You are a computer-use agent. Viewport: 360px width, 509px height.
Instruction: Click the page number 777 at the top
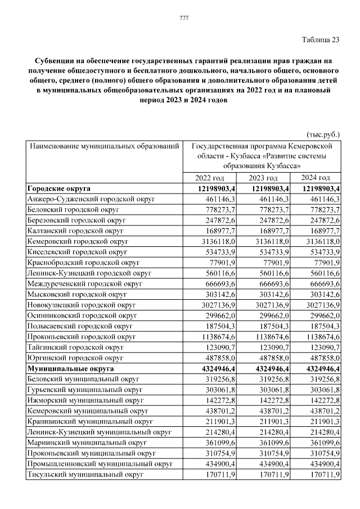pyautogui.click(x=183, y=19)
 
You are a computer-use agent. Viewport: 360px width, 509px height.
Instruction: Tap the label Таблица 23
pyautogui.click(x=321, y=39)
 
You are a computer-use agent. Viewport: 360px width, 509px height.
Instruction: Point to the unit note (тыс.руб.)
pyautogui.click(x=323, y=135)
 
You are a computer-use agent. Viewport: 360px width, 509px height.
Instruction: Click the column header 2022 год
pyautogui.click(x=209, y=178)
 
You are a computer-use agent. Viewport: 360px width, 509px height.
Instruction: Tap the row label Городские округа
pyautogui.click(x=58, y=188)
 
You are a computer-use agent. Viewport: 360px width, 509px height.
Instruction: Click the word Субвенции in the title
pyautogui.click(x=53, y=60)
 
